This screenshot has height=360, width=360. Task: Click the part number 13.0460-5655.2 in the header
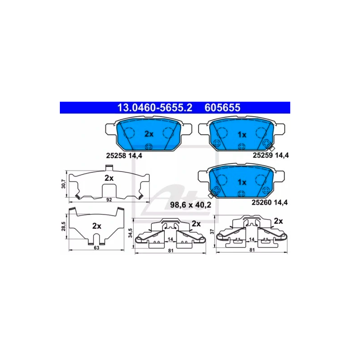click(155, 108)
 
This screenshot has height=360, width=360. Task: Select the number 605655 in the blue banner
click(222, 108)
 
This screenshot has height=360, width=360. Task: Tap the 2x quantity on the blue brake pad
click(149, 134)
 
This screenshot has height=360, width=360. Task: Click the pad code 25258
click(116, 156)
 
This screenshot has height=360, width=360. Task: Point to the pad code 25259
click(263, 155)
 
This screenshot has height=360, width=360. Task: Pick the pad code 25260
click(262, 202)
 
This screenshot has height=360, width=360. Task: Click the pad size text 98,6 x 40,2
click(190, 205)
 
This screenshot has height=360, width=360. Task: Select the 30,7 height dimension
click(63, 184)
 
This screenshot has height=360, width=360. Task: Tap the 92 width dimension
click(109, 200)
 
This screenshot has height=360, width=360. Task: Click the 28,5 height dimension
click(63, 226)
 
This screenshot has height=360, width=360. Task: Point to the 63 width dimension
click(96, 248)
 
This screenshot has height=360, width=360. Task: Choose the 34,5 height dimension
click(130, 233)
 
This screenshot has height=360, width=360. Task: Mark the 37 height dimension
click(212, 231)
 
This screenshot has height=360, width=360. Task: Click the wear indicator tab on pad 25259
click(272, 148)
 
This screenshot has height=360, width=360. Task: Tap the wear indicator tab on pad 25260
click(211, 195)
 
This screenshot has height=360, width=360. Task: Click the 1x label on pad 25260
click(242, 182)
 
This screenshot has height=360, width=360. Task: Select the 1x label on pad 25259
click(242, 135)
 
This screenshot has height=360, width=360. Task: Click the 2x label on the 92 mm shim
click(109, 178)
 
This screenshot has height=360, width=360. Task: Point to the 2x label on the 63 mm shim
click(97, 226)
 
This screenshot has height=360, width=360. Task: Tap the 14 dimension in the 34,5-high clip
click(171, 239)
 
